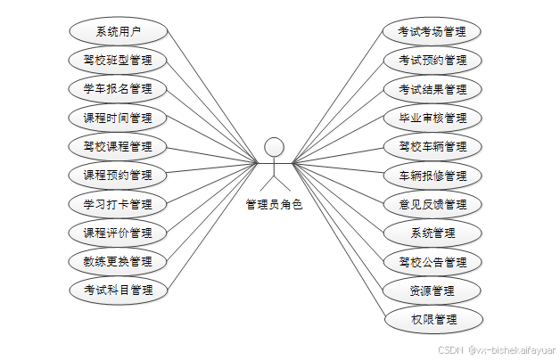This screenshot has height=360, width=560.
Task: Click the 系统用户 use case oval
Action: pyautogui.click(x=118, y=31)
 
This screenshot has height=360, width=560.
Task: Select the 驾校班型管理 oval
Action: pyautogui.click(x=118, y=61)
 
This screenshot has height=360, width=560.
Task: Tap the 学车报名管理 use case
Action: pyautogui.click(x=118, y=89)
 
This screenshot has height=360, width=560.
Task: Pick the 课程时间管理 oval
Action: pyautogui.click(x=118, y=118)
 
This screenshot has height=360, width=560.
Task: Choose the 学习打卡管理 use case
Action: pyautogui.click(x=118, y=204)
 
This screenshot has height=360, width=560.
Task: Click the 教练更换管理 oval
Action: pyautogui.click(x=118, y=262)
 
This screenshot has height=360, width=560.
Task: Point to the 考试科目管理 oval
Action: pyautogui.click(x=118, y=290)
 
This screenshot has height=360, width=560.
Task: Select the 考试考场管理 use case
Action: pyautogui.click(x=432, y=31)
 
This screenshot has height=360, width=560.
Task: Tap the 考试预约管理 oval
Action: pyautogui.click(x=432, y=61)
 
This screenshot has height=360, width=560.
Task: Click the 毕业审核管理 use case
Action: pyautogui.click(x=432, y=118)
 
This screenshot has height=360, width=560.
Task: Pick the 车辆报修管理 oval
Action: pyautogui.click(x=432, y=176)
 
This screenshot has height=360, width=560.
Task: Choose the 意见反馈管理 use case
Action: pyautogui.click(x=432, y=204)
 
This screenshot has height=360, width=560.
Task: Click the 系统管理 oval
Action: pyautogui.click(x=432, y=233)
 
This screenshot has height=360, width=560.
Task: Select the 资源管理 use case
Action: pyautogui.click(x=432, y=290)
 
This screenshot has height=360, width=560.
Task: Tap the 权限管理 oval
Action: pyautogui.click(x=432, y=319)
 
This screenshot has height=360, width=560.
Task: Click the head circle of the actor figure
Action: pyautogui.click(x=275, y=146)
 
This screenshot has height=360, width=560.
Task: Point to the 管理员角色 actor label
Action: pyautogui.click(x=275, y=205)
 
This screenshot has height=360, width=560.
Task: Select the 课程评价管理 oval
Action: pyautogui.click(x=118, y=233)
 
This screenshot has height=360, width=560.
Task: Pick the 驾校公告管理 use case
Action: pyautogui.click(x=432, y=262)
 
